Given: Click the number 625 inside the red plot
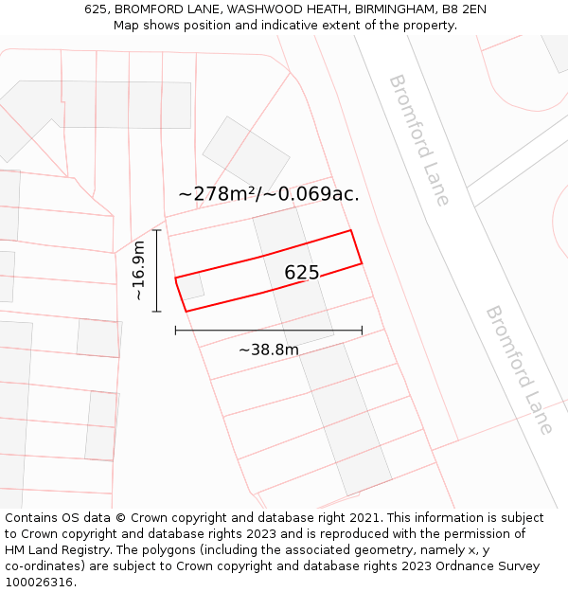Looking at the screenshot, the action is (302, 273).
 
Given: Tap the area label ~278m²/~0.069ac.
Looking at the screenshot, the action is (269, 194).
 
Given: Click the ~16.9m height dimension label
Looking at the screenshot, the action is (139, 271).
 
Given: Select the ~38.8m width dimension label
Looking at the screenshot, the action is (269, 350).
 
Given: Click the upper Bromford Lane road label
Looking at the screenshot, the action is (418, 139).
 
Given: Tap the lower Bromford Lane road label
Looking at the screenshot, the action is (519, 369).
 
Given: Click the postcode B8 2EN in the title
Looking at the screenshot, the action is (461, 9).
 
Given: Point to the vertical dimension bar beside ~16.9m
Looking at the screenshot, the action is (157, 271).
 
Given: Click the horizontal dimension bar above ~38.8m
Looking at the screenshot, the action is (269, 331).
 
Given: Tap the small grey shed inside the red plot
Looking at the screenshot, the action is (191, 286).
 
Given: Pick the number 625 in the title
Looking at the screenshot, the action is (96, 9).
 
